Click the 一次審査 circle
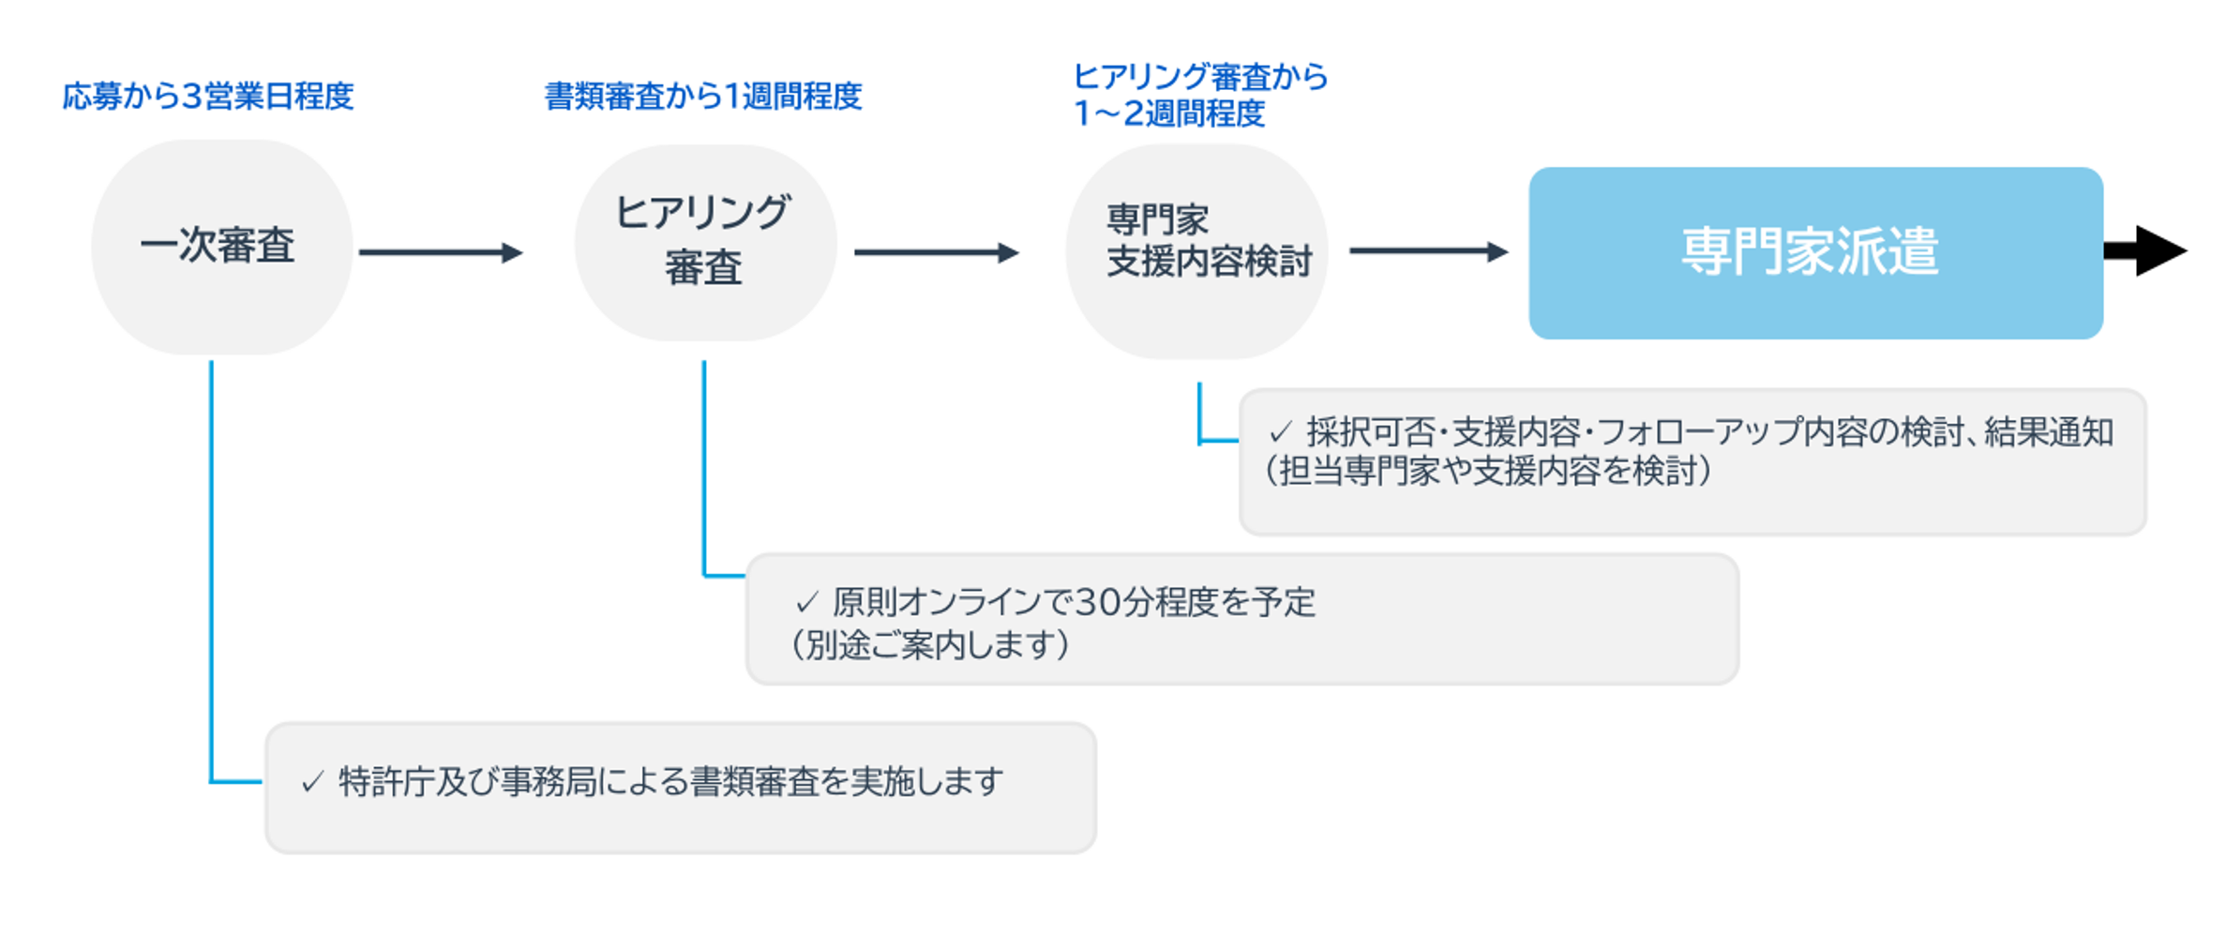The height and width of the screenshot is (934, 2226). [x=221, y=247]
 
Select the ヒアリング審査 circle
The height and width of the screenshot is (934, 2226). [x=705, y=243]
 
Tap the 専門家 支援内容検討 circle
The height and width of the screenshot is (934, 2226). [x=1196, y=250]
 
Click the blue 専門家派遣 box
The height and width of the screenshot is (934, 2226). [x=1814, y=253]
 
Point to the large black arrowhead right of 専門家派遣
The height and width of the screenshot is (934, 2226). [x=2157, y=250]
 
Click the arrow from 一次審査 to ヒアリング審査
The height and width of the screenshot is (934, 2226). [x=439, y=252]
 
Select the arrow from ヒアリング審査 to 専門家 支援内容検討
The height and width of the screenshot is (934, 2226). [x=935, y=252]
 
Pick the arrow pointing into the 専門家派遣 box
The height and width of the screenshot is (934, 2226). [x=1427, y=251]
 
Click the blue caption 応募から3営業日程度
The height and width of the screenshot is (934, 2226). [x=207, y=96]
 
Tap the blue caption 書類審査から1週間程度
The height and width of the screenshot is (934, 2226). [x=702, y=96]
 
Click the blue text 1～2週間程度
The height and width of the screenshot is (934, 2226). [x=1168, y=113]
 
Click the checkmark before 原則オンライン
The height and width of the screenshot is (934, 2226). [x=806, y=603]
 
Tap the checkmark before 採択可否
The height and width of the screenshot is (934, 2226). [x=1280, y=433]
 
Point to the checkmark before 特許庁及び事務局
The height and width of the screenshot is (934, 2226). [x=312, y=782]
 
